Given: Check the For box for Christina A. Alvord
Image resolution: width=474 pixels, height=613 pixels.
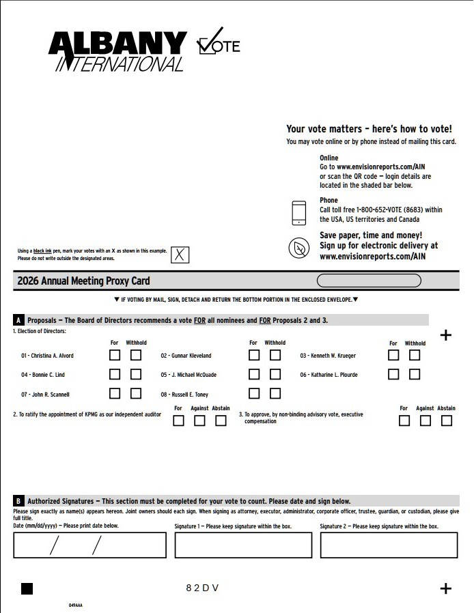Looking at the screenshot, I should pos(115,355).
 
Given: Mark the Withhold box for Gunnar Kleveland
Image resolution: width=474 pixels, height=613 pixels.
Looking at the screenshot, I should pos(275,355).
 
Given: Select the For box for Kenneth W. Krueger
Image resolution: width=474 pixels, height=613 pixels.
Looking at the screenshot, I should pos(393,355).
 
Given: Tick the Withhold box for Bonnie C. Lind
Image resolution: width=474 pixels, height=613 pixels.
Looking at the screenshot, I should pos(136,374).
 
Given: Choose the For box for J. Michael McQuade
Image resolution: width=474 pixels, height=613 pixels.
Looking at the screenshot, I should pos(254,374).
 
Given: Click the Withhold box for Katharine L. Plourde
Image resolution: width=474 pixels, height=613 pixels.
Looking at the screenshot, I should pos(415,374).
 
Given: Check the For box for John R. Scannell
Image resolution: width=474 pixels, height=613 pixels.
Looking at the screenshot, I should pos(115,393).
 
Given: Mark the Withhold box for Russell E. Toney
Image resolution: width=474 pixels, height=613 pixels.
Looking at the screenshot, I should pos(275,393).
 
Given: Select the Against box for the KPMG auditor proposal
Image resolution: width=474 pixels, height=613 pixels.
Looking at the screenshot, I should pos(199,420).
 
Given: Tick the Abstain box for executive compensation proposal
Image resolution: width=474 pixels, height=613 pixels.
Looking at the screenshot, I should pos(446,420).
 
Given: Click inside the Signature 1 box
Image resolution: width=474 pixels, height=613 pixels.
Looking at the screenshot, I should pos(243,545).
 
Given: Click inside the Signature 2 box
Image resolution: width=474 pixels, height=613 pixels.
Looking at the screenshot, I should pos(389,545).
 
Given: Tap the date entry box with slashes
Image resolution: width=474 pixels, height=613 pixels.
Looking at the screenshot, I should pos(89,545).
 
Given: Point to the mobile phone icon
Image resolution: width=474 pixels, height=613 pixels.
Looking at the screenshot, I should pos(299,213).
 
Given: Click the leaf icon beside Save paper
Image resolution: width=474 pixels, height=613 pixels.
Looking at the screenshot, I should pos(299,248).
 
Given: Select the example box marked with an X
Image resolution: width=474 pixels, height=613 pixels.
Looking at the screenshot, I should pos(180,255).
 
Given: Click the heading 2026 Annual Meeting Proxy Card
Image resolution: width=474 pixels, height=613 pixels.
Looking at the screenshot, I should pos(83,281).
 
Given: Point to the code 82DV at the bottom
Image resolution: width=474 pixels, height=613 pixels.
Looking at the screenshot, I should pos(202,588).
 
